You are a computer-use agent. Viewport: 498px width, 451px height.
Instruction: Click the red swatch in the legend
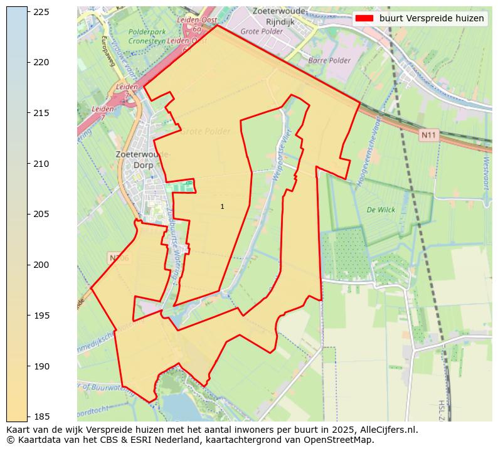coord(364,18)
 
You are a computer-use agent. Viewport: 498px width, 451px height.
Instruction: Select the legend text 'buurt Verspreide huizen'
coord(432,18)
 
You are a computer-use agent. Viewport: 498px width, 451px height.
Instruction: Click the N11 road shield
coord(428,135)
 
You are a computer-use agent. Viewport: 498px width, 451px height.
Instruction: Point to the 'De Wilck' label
coord(381,210)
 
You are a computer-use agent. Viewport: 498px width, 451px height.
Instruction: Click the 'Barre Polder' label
coord(329,61)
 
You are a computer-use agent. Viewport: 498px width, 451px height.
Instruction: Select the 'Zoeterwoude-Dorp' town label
coord(142,159)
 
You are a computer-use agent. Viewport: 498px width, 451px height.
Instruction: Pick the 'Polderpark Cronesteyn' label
coord(148,36)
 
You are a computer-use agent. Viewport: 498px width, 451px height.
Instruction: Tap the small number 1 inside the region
coord(222,206)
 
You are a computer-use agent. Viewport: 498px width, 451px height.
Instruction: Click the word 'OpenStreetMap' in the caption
coord(343,440)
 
